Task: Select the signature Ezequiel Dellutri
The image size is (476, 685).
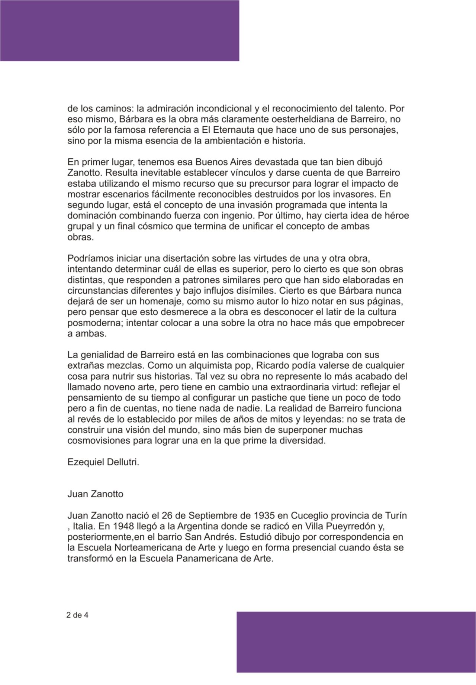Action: click(103, 463)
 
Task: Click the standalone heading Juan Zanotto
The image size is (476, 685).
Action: click(95, 495)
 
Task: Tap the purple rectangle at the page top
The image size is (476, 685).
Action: click(119, 30)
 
